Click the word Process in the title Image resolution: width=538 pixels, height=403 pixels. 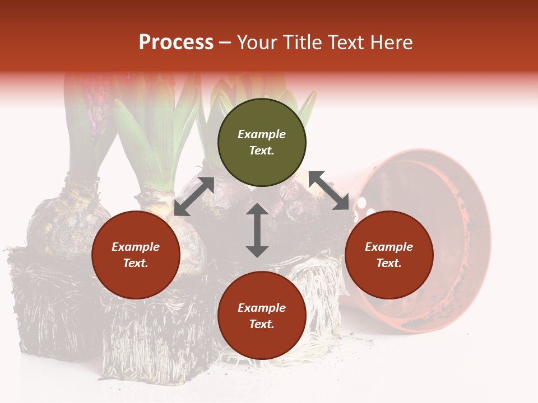[x=176, y=43]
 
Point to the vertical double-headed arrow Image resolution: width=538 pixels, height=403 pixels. [x=257, y=230]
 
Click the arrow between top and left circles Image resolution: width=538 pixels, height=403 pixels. [x=194, y=196]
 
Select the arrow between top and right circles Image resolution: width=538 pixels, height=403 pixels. [x=328, y=190]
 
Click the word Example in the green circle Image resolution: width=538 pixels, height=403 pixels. [x=262, y=134]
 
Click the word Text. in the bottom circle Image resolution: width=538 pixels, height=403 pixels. [x=262, y=324]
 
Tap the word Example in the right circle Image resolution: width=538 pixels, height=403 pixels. [x=389, y=247]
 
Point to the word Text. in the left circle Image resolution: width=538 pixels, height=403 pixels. [x=136, y=263]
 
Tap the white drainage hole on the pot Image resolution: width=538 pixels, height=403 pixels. [x=362, y=201]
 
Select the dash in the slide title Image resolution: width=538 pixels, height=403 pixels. [x=225, y=43]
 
